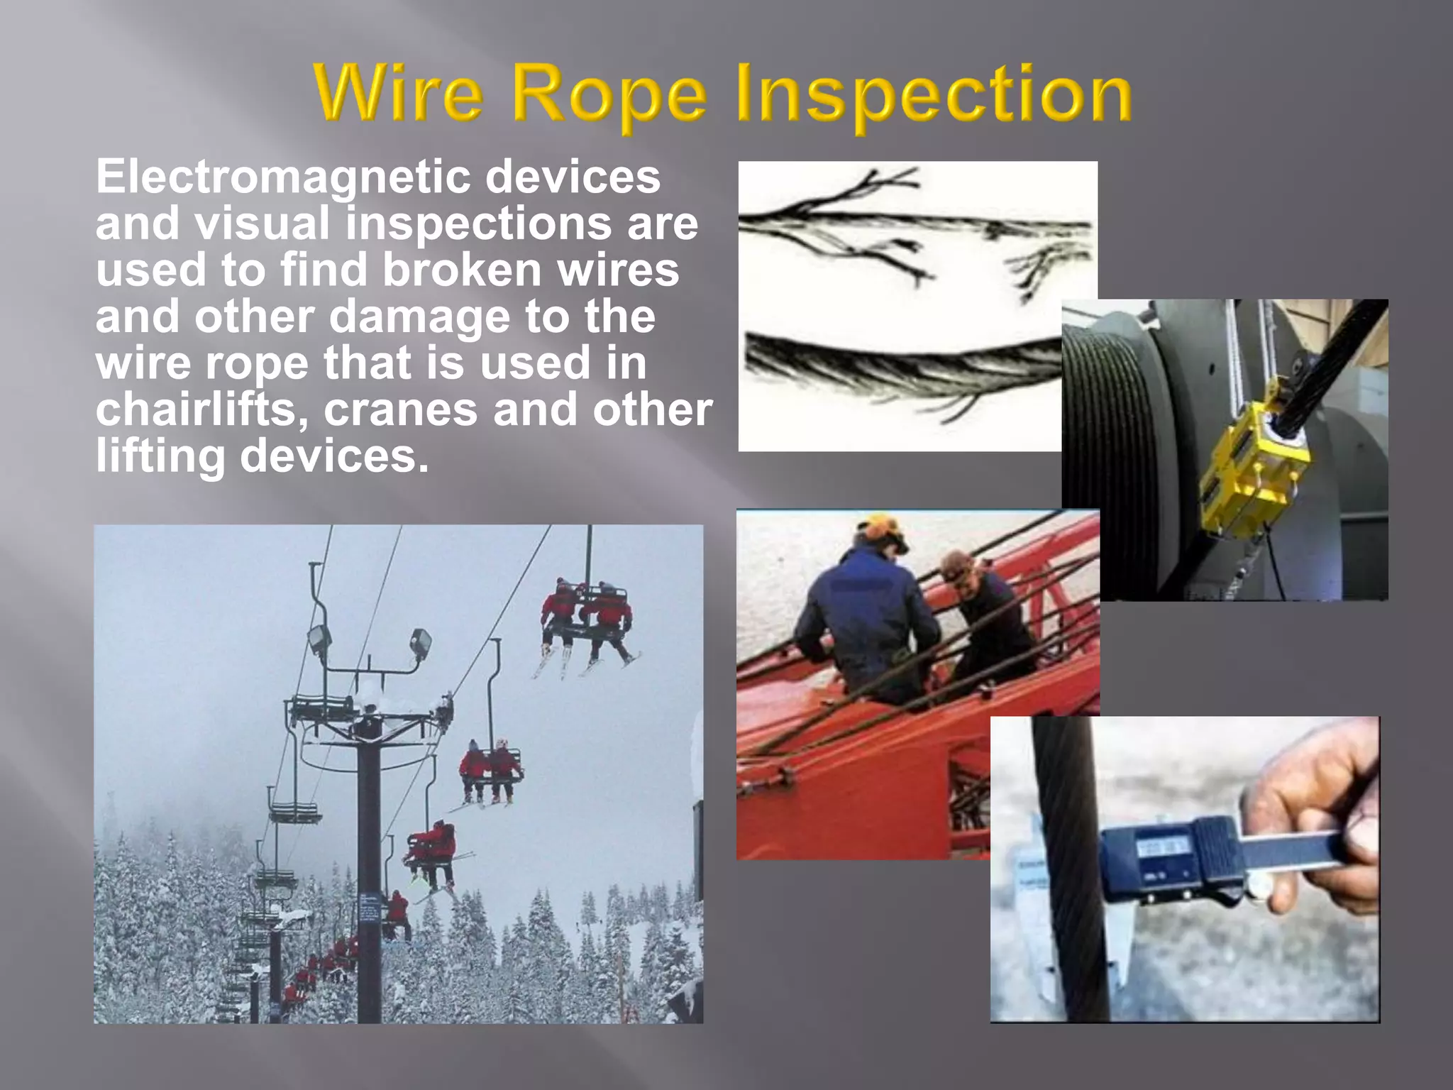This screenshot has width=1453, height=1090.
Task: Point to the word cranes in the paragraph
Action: (400, 410)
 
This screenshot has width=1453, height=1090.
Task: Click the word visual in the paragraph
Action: (263, 224)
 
